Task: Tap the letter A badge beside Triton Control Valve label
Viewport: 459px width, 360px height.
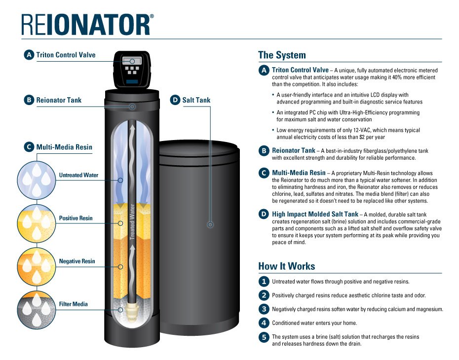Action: click(x=29, y=55)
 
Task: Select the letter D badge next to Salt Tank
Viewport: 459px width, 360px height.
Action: click(x=175, y=100)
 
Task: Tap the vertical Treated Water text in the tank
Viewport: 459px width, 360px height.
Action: click(x=132, y=222)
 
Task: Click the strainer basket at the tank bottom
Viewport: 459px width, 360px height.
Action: click(x=132, y=310)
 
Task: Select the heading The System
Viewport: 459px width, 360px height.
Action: click(x=282, y=55)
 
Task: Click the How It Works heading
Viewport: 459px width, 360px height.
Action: click(x=286, y=266)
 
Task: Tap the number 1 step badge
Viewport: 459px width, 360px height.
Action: click(x=264, y=282)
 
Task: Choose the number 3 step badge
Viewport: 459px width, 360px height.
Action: click(x=264, y=309)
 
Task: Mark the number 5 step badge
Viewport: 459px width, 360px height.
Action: click(x=264, y=337)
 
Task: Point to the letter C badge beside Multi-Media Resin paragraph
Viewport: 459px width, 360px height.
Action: click(x=264, y=173)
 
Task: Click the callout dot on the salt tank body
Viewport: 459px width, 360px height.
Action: click(x=210, y=225)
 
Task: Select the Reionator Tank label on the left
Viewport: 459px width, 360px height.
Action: click(x=59, y=100)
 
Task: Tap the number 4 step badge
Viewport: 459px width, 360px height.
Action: click(x=264, y=323)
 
